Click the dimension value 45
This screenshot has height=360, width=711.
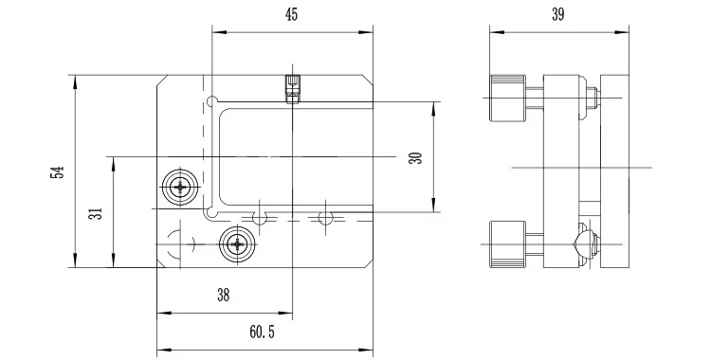coord(292,14)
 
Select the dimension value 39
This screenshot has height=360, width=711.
coord(558,14)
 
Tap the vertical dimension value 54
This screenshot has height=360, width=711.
coord(58,172)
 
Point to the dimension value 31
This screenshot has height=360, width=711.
coord(96,213)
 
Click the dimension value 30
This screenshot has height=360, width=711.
coord(415,158)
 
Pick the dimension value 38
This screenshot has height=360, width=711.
coord(223,296)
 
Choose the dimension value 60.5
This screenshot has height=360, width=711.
coord(262,332)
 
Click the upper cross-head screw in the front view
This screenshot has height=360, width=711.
coord(180,187)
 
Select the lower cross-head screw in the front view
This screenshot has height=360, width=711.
coord(237,244)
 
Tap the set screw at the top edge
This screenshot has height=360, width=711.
coord(293,89)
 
